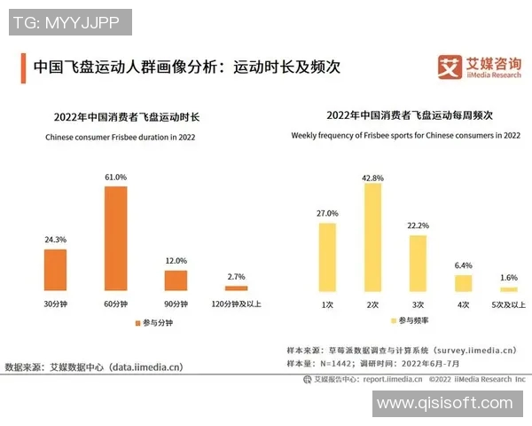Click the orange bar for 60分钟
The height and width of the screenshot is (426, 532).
[116, 238]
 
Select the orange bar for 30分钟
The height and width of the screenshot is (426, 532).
[56, 270]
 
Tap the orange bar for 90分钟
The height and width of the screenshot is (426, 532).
[176, 280]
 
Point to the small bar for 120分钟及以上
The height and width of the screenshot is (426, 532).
[236, 288]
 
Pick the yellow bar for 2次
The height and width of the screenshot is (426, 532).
[372, 238]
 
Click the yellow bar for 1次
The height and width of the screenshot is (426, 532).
[327, 257]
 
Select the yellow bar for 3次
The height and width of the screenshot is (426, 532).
[418, 264]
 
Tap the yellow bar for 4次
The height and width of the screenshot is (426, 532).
[463, 283]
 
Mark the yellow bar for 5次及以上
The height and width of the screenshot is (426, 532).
[508, 289]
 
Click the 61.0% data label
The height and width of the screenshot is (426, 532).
[116, 177]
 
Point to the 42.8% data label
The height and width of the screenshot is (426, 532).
[372, 177]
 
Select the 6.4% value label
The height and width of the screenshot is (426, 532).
[463, 265]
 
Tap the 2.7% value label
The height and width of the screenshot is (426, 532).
[236, 278]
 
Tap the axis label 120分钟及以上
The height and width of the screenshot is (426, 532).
[236, 304]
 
